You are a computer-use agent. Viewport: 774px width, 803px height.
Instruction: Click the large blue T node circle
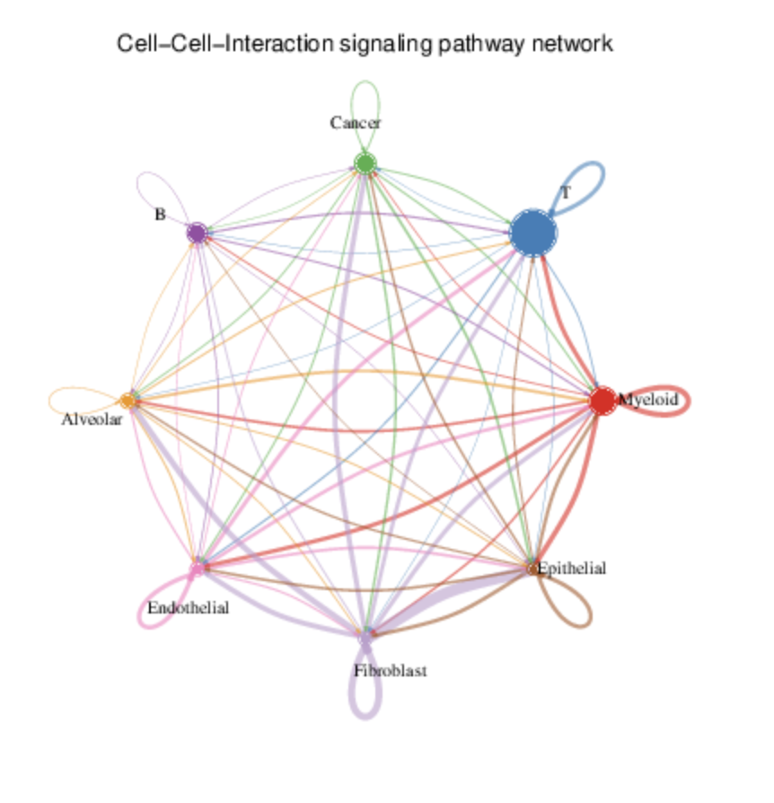tap(533, 234)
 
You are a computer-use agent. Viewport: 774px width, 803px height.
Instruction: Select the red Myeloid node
tap(602, 401)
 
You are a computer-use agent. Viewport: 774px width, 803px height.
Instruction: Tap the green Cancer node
tap(365, 163)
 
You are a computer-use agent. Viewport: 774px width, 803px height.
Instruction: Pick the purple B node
tap(197, 233)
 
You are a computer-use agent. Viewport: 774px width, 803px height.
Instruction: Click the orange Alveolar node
tap(128, 401)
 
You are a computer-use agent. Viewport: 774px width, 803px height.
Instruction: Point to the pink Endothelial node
tap(197, 569)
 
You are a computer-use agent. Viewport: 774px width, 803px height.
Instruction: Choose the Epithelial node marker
tap(532, 569)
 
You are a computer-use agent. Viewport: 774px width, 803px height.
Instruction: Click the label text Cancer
tap(355, 123)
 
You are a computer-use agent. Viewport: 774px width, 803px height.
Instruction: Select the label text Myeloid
tap(648, 400)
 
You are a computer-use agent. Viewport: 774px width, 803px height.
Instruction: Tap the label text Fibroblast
tap(390, 671)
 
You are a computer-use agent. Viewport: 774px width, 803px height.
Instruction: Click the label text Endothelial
tap(189, 608)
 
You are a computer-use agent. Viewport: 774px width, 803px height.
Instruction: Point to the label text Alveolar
tap(92, 419)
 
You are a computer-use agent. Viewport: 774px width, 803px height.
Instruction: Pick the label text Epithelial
tap(572, 568)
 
